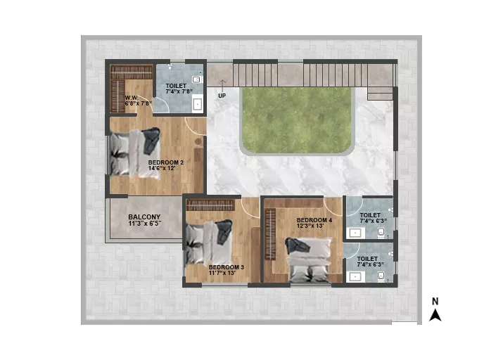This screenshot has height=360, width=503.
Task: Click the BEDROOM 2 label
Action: pos(166,162)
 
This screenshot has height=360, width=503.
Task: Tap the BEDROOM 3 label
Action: pos(226,267)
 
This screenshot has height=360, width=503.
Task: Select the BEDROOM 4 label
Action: pos(314,220)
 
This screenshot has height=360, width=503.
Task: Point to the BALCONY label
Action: pos(144,217)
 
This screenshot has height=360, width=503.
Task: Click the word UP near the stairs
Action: pos(222,96)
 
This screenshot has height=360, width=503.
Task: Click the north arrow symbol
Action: pos(435,315)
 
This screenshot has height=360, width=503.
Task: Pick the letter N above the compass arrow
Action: pos(435,302)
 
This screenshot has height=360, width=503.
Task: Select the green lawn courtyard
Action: pos(297,120)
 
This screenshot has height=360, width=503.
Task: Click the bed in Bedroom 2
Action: pos(135,153)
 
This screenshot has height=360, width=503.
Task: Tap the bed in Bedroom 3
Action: pos(209,242)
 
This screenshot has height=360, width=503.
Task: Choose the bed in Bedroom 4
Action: pos(309,259)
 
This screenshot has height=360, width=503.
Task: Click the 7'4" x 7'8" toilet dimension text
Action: pos(179,91)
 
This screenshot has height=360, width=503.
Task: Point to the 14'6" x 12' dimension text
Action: pos(162,168)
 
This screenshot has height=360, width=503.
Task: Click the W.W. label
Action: pos(132,98)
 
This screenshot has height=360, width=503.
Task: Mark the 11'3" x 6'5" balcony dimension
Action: pos(145,223)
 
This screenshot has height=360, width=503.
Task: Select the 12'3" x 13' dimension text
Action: pos(310,226)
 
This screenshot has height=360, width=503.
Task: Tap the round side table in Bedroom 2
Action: pos(198,141)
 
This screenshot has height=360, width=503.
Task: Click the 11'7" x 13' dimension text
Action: pos(222,273)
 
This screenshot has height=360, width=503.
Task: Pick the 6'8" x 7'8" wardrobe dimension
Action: pos(138,103)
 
